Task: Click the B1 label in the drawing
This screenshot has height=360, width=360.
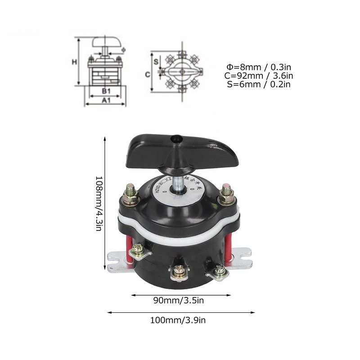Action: [105, 91]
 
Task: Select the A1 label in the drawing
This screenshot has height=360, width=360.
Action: [105, 101]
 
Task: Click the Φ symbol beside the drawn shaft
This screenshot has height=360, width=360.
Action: [123, 49]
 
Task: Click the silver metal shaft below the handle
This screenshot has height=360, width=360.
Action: [179, 184]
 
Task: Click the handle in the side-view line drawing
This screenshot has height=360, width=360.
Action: [108, 42]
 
